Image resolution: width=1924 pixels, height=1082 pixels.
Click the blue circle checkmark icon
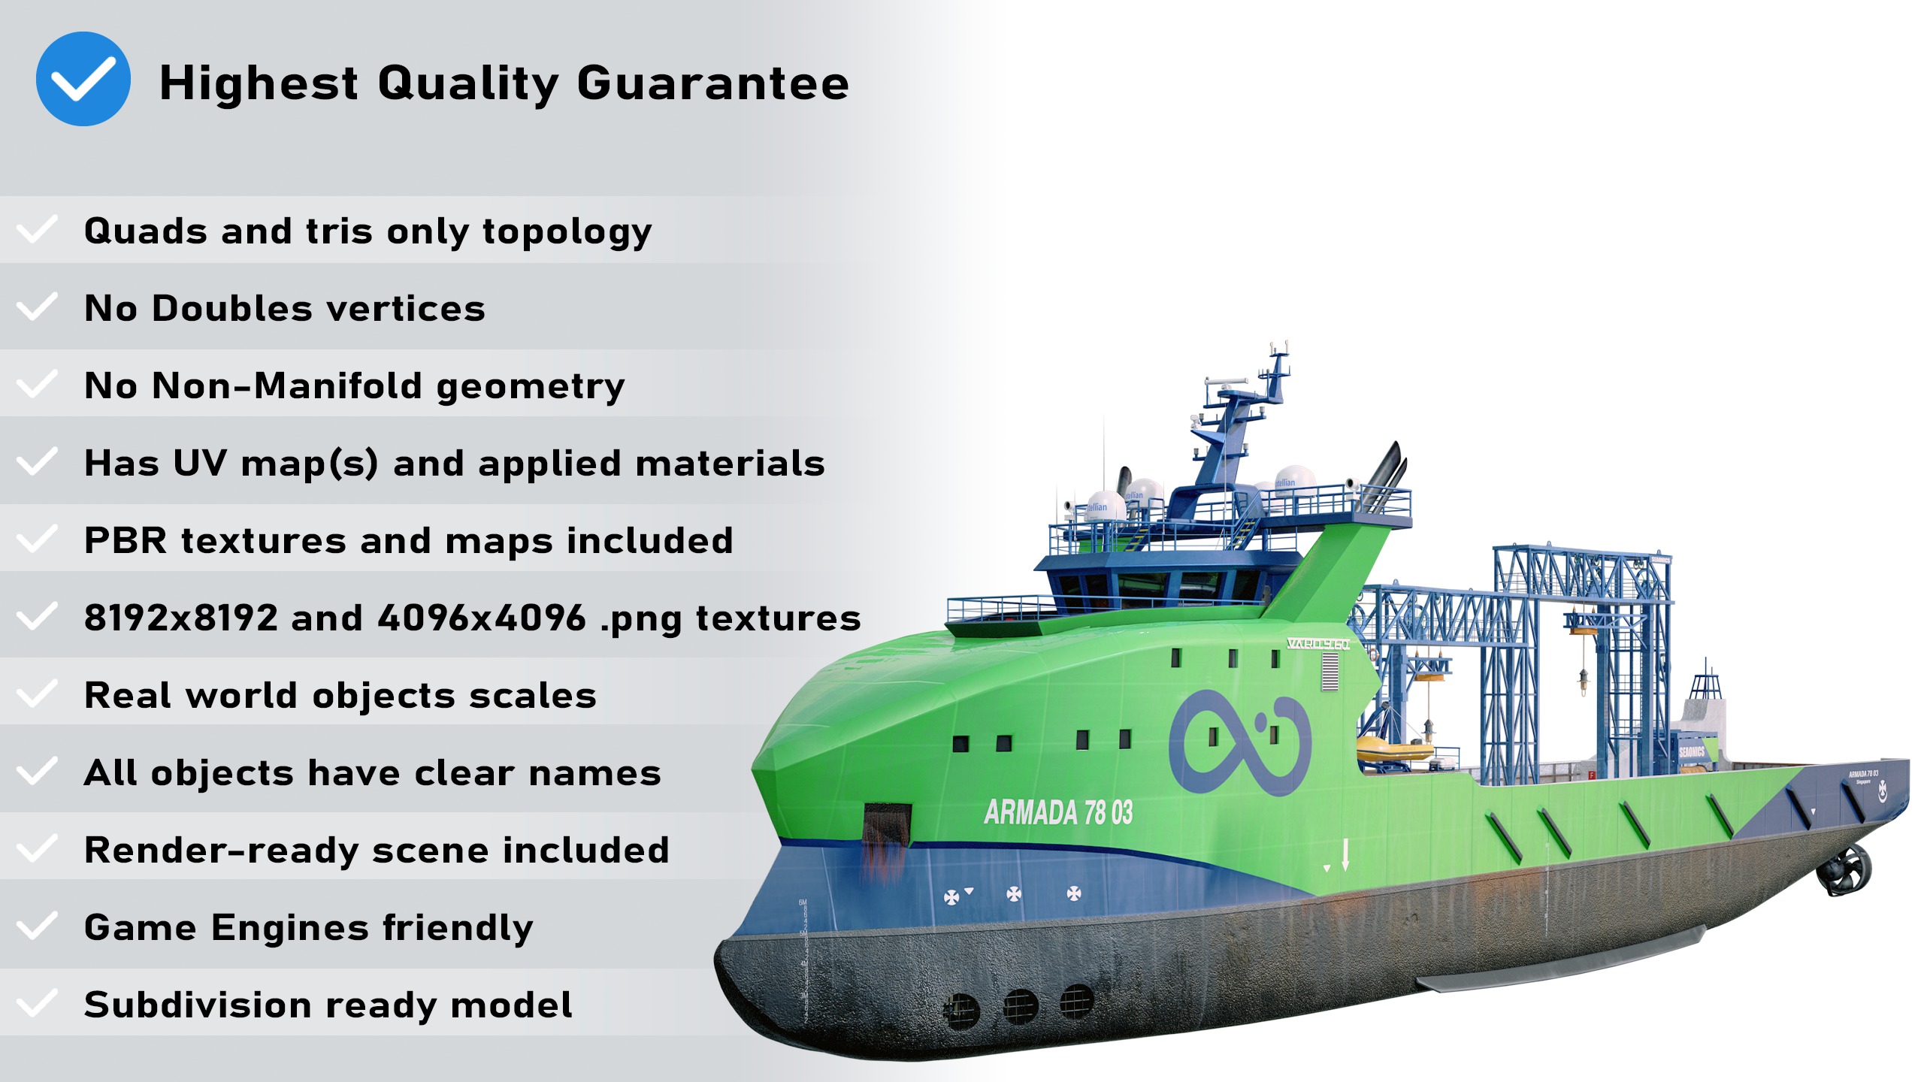click(x=83, y=79)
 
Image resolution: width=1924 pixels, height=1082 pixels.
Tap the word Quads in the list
click(x=145, y=231)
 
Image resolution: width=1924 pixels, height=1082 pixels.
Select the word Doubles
click(x=232, y=308)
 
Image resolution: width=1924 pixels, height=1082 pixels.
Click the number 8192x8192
click(x=180, y=618)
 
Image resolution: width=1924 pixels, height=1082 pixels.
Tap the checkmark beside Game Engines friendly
click(x=36, y=926)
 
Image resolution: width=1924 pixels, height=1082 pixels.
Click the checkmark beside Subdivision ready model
click(x=36, y=1003)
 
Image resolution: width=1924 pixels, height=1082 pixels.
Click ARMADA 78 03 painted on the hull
click(x=1058, y=812)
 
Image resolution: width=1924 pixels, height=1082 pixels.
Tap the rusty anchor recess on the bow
click(x=887, y=827)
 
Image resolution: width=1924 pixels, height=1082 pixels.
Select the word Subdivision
click(x=197, y=1005)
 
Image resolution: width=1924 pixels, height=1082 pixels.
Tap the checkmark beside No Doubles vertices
click(x=36, y=307)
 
